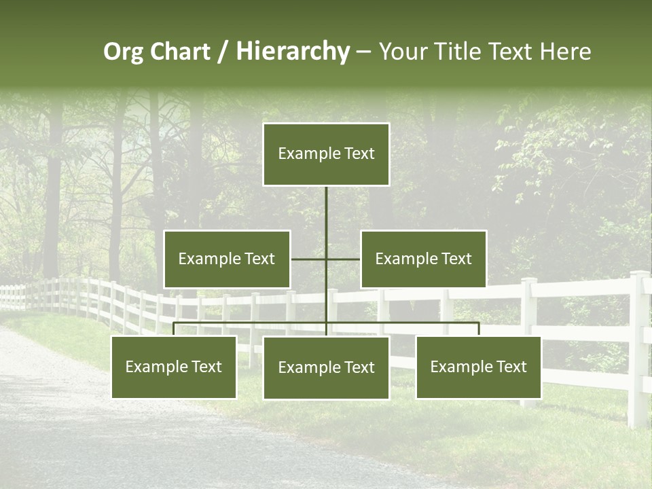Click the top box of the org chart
click(x=326, y=154)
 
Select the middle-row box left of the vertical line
click(x=227, y=259)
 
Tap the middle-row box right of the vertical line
click(x=423, y=259)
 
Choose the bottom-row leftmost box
click(x=174, y=367)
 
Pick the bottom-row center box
click(x=326, y=367)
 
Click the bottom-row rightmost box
click(x=478, y=367)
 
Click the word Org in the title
click(x=123, y=52)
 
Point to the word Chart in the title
click(x=180, y=52)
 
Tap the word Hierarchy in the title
click(x=293, y=52)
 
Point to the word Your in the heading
click(x=405, y=52)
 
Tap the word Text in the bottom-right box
click(x=511, y=367)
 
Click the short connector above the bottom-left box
click(x=174, y=329)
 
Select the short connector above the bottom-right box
click(x=478, y=329)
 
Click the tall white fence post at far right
click(x=638, y=346)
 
